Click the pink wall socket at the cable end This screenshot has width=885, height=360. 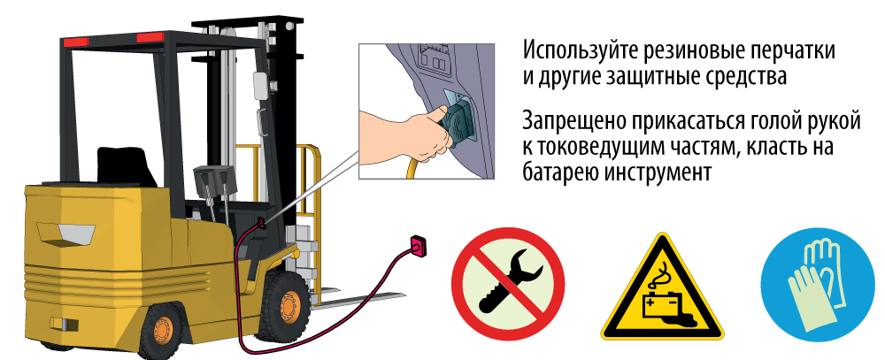point(418,246)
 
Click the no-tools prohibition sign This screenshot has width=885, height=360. point(509,284)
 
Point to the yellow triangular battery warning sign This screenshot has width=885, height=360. point(661,292)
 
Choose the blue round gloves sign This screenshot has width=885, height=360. point(817,284)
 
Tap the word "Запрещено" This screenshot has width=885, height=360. point(573,121)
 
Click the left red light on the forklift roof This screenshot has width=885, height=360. point(75,42)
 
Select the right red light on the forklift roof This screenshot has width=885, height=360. point(150,37)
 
